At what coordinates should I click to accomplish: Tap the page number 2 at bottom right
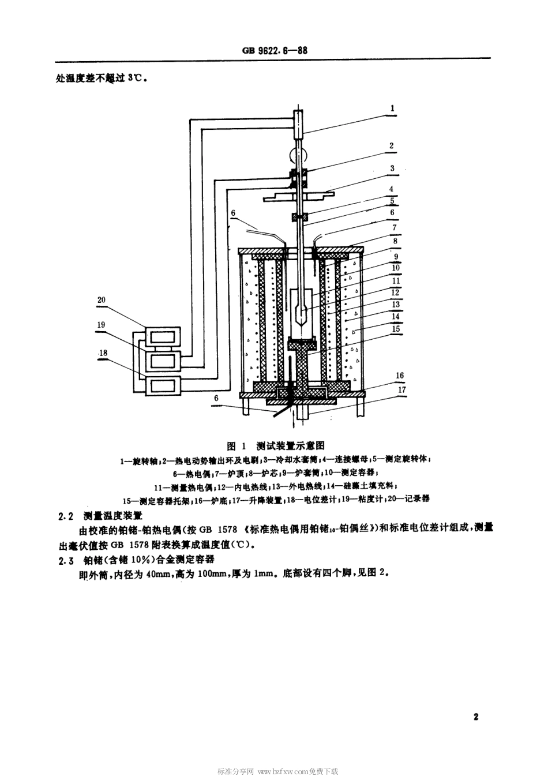tap(476, 718)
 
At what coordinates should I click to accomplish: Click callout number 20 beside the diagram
tap(102, 300)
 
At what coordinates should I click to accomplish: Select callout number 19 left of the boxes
tap(101, 325)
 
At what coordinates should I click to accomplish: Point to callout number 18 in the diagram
tap(104, 352)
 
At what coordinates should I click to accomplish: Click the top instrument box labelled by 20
tap(164, 336)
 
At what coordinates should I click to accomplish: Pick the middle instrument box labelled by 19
tap(164, 361)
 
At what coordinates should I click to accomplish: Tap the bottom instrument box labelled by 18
tap(164, 385)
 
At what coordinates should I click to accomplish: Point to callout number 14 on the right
tap(395, 316)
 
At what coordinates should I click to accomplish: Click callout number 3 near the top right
tap(392, 168)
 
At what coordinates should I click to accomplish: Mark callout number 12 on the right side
tap(395, 292)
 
